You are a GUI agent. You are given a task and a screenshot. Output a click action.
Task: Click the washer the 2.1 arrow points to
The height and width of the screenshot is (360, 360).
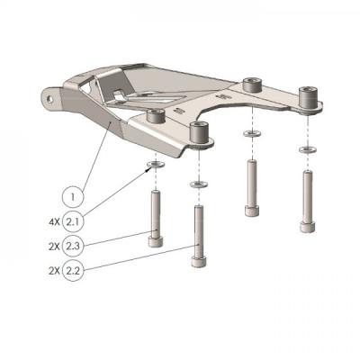[x=156, y=166]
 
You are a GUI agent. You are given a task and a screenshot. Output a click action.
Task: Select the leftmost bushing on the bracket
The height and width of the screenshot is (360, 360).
[x=156, y=116]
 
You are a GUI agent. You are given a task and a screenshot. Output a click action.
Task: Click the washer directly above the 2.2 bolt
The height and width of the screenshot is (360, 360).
[x=197, y=184]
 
